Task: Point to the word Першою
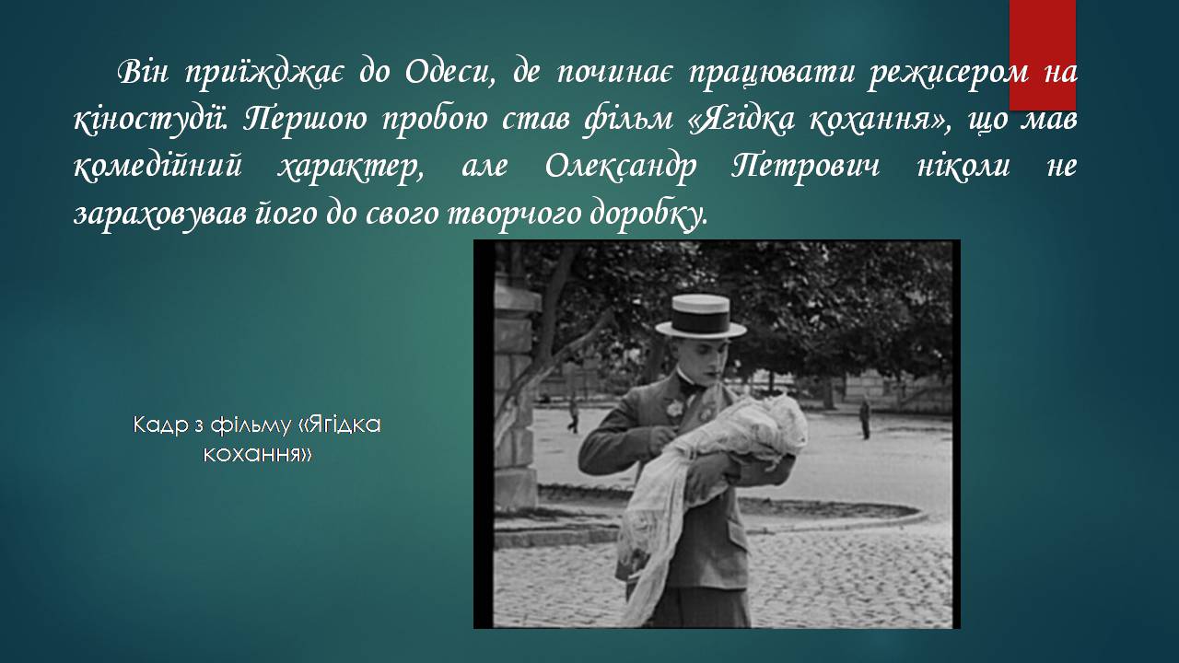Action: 305,119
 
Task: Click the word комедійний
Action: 158,167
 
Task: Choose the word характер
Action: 351,168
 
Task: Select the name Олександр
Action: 620,167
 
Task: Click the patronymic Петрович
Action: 805,167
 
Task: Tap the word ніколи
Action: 963,166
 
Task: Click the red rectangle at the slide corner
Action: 1042,54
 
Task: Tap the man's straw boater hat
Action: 701,317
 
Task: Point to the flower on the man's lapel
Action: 673,409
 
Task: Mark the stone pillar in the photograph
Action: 515,400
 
